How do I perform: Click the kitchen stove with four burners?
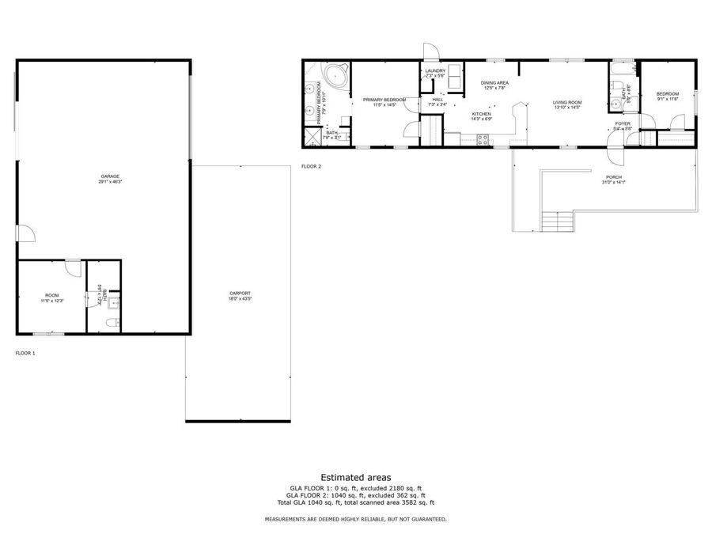coord(482,141)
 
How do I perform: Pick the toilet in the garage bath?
coord(112,321)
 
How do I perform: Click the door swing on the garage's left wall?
coord(25,233)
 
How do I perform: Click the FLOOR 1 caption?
coord(25,353)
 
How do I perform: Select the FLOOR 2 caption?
coord(312,166)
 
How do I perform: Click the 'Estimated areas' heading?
coord(355,477)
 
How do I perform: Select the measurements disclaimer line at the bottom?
coord(355,519)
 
